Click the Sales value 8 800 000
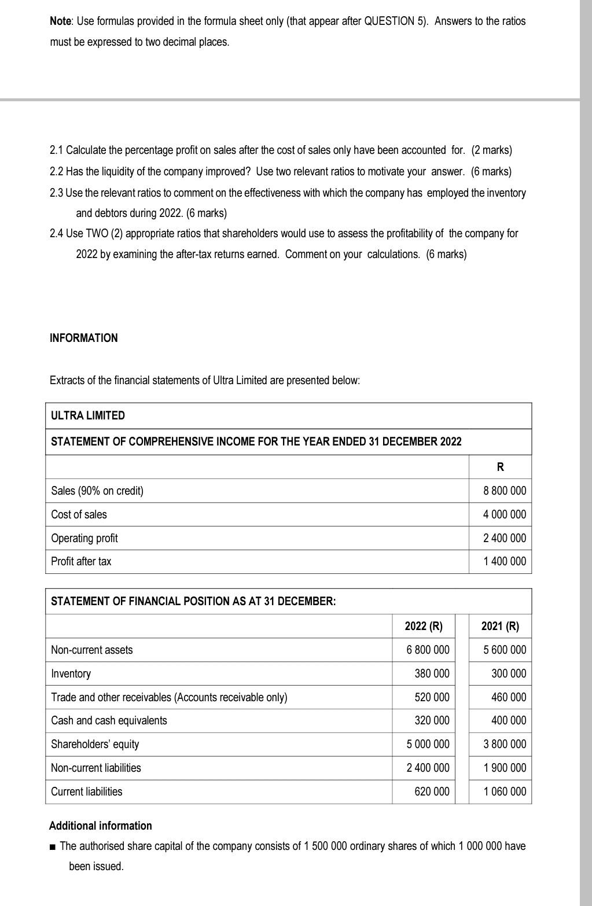[x=504, y=491]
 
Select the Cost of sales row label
[x=79, y=514]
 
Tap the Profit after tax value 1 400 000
[x=504, y=561]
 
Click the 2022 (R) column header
[x=423, y=626]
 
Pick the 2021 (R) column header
[x=500, y=626]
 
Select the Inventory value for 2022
[x=432, y=673]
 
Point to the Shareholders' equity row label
[x=95, y=744]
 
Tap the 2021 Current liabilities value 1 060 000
[x=505, y=791]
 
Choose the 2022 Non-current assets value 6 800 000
[x=428, y=650]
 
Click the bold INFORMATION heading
[x=83, y=338]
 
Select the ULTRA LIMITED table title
[x=88, y=415]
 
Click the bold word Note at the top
[x=61, y=21]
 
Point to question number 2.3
[x=57, y=193]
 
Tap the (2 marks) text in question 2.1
[x=491, y=150]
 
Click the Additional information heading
[x=101, y=826]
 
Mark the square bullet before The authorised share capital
[x=53, y=846]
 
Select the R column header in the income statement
[x=500, y=467]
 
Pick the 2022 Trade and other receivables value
[x=432, y=697]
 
